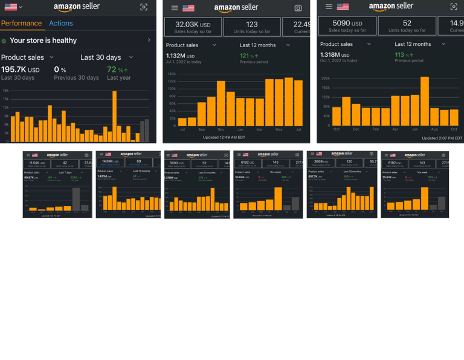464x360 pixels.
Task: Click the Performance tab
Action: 21,24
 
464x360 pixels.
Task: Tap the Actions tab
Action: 61,24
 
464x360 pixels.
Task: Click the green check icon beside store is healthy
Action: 4,40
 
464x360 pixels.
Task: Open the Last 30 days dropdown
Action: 105,57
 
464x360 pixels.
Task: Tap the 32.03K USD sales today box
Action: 192,26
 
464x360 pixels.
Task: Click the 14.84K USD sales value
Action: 108,161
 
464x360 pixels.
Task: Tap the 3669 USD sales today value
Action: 319,161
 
